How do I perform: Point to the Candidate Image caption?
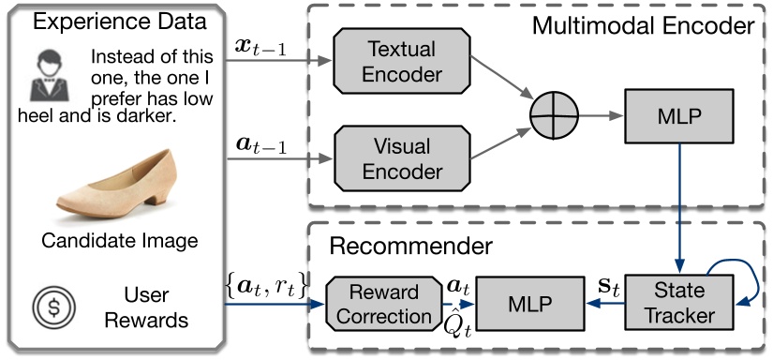pyautogui.click(x=119, y=241)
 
